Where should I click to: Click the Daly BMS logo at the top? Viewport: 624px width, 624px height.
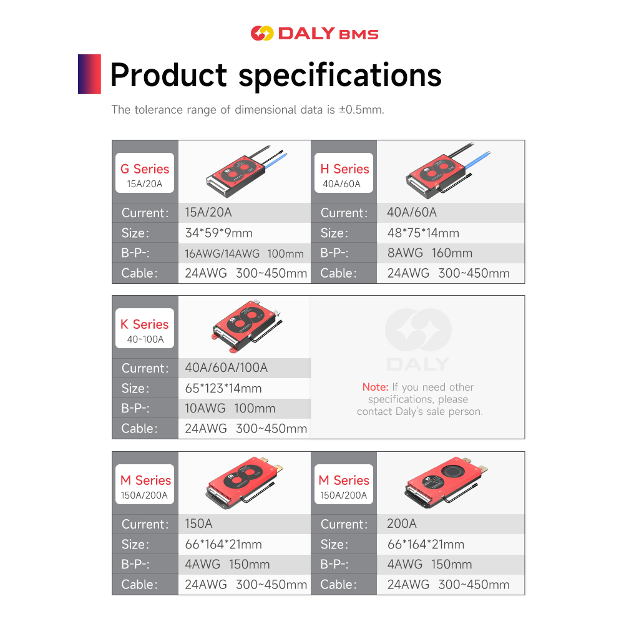click(314, 33)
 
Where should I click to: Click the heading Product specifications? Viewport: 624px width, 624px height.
click(276, 75)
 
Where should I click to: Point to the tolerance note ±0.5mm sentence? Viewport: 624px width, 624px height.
click(248, 110)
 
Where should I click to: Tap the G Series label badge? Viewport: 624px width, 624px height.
click(145, 173)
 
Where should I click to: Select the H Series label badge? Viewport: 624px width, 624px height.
click(344, 173)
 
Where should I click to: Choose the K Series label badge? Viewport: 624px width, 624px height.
click(145, 329)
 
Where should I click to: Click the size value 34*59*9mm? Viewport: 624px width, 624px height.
click(219, 233)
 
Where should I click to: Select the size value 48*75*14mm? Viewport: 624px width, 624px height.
click(423, 233)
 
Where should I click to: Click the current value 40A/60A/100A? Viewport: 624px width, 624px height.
click(227, 368)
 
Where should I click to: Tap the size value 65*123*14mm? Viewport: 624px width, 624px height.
click(223, 388)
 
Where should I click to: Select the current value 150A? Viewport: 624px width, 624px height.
click(199, 524)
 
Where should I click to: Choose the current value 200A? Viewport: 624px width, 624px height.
click(402, 524)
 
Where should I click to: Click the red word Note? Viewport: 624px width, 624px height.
click(375, 387)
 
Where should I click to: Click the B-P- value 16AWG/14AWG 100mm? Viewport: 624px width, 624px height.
click(245, 253)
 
